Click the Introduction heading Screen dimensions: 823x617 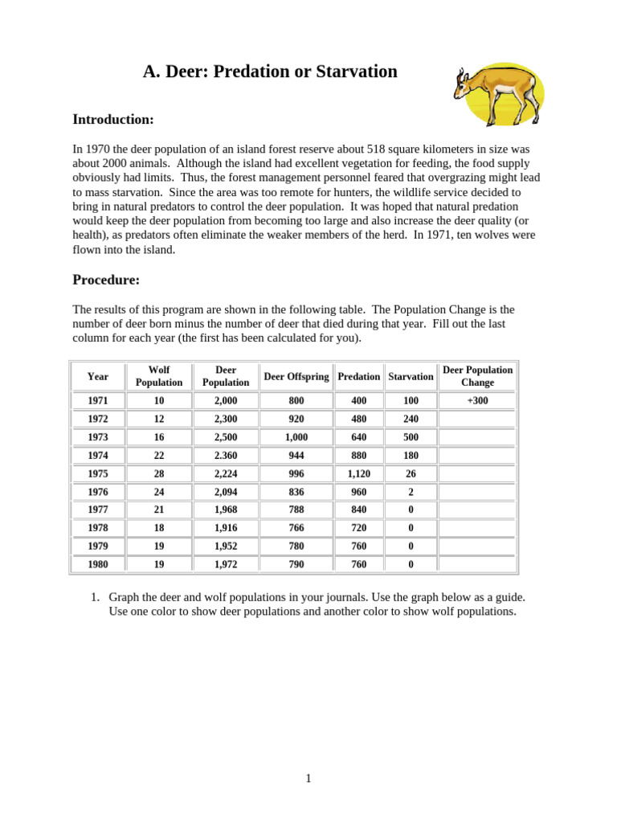coord(112,120)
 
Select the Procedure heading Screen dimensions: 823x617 coord(106,280)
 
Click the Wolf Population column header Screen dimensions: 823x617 coord(159,376)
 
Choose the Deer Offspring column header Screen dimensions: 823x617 coord(296,376)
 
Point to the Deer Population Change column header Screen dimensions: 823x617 coord(477,376)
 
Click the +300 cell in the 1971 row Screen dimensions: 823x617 coord(477,400)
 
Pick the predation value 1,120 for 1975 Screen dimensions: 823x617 coord(358,473)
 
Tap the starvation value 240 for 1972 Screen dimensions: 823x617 coord(411,419)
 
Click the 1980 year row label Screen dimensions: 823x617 coord(98,564)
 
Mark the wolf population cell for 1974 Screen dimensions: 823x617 coord(159,455)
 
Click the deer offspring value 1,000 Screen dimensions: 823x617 coord(296,437)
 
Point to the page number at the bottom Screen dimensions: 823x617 coord(308,778)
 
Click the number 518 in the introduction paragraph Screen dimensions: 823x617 coord(379,149)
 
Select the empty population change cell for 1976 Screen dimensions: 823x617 coord(477,492)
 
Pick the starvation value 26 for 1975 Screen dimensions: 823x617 coord(411,473)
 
